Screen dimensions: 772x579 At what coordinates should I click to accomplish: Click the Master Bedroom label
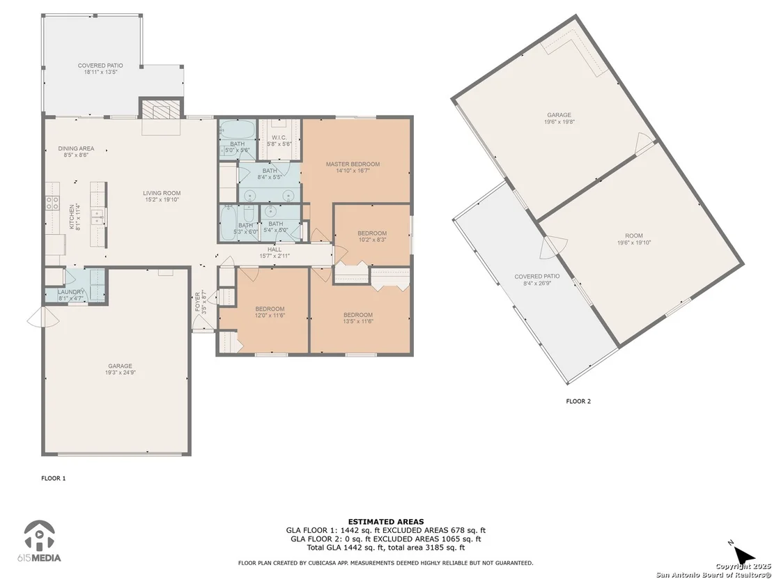353,164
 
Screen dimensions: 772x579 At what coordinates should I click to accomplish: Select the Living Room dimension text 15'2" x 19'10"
162,200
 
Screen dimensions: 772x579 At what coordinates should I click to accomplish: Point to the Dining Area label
76,148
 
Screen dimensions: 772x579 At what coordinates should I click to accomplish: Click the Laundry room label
71,292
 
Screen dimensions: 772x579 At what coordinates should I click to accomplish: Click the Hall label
275,249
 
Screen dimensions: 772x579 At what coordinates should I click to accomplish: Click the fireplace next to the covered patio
162,108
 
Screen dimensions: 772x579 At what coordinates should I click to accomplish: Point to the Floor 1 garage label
120,366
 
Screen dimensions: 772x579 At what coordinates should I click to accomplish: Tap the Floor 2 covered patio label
537,276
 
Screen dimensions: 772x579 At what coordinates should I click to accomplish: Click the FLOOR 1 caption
53,478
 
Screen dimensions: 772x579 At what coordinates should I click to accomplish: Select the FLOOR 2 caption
578,401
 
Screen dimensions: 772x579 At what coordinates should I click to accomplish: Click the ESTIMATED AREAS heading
385,522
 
